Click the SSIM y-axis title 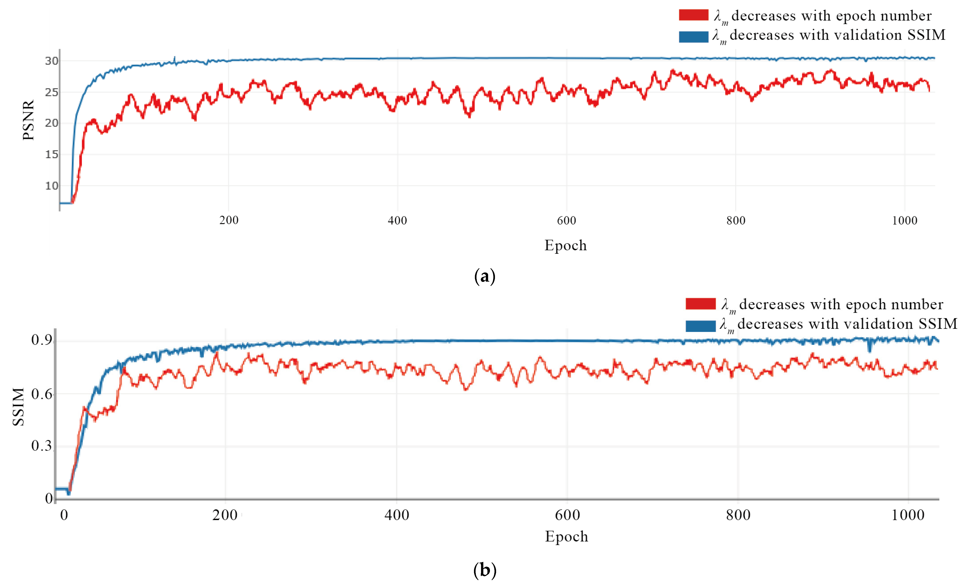[x=18, y=407]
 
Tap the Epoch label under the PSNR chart [x=565, y=245]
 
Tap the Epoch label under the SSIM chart [x=566, y=536]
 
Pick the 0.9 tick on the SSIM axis [x=42, y=340]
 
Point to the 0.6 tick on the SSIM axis [x=42, y=394]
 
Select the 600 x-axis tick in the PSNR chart [x=566, y=221]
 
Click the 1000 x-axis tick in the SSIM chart [x=908, y=515]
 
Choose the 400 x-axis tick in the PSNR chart [x=398, y=221]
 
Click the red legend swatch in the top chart [x=693, y=15]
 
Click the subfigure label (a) [x=485, y=277]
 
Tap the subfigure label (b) [x=485, y=570]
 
